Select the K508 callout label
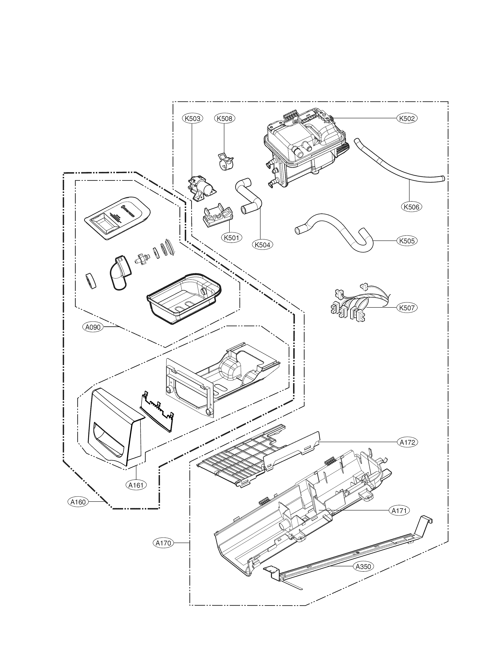[x=224, y=118]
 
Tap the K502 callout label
[x=407, y=118]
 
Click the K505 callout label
[x=407, y=241]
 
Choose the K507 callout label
[x=407, y=307]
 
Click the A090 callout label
[x=93, y=327]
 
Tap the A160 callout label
[x=78, y=502]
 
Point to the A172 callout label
[x=408, y=442]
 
